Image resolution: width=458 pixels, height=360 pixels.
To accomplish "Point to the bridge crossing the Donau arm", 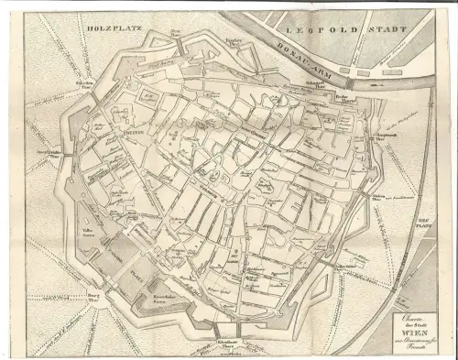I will tap(350, 82).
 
